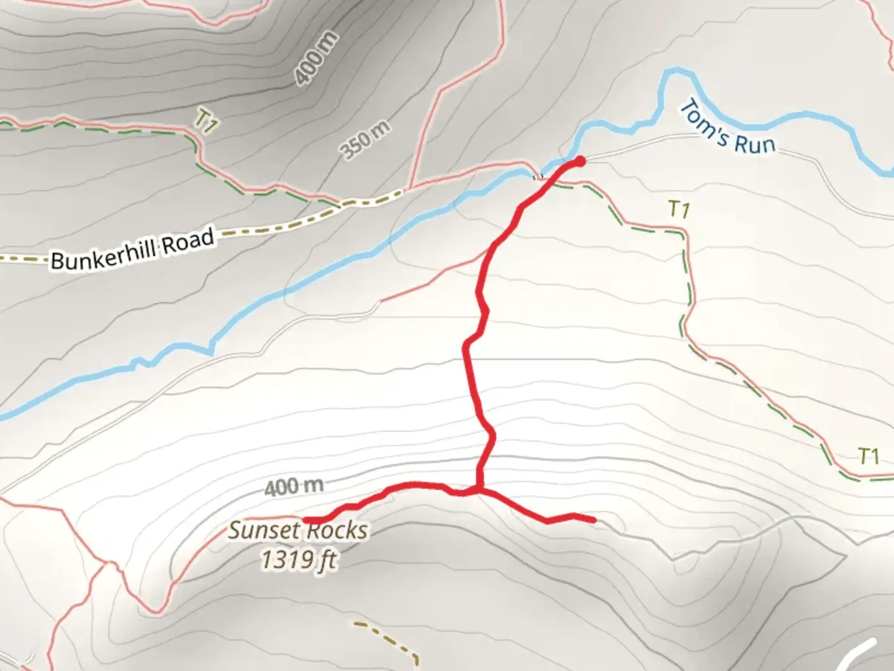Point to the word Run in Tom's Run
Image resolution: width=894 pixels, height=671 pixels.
755,144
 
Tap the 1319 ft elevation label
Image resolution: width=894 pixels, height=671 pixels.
299,560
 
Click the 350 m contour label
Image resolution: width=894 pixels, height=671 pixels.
366,140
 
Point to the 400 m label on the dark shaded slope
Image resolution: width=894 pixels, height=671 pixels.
317,58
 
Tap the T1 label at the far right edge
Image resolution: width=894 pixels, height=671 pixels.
869,457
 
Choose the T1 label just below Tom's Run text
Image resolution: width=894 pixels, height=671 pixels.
679,210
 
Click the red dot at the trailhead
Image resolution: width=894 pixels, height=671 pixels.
580,162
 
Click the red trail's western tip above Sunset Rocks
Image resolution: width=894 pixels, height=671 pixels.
306,520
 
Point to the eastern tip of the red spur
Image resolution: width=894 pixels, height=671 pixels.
594,519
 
